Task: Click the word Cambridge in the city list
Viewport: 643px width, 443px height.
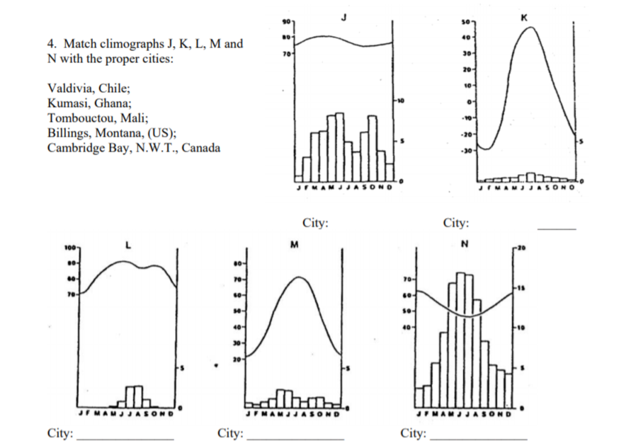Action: [74, 148]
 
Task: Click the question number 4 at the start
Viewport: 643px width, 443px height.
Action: [50, 44]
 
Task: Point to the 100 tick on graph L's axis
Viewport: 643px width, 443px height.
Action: [69, 250]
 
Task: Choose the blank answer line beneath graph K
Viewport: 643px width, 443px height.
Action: [557, 228]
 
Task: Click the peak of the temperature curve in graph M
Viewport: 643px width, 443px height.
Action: [299, 277]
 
